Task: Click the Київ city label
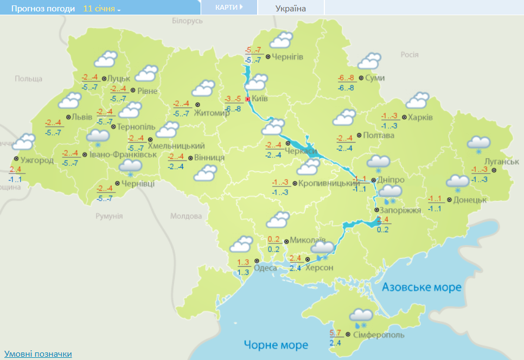click(x=260, y=99)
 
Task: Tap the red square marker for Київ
click(x=248, y=99)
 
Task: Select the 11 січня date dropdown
click(x=102, y=9)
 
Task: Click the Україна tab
click(x=291, y=9)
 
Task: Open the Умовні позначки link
click(x=38, y=354)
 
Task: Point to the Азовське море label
click(x=421, y=287)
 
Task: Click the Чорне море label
click(x=276, y=345)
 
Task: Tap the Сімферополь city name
click(x=379, y=335)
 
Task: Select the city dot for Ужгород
click(x=15, y=160)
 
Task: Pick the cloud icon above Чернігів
click(x=282, y=40)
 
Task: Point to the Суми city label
click(x=375, y=78)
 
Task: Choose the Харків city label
click(x=421, y=117)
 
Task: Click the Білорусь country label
click(x=187, y=21)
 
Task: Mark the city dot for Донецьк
click(x=449, y=200)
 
